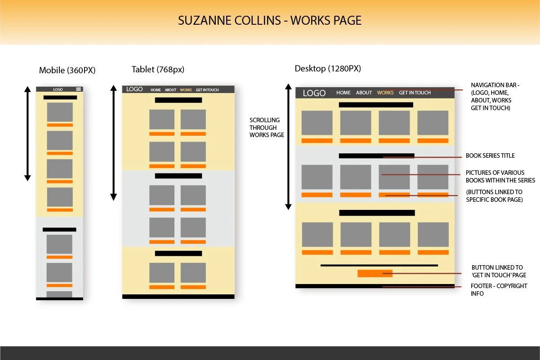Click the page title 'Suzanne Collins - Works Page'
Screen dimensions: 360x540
pyautogui.click(x=270, y=21)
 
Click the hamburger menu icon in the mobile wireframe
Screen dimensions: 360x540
pyautogui.click(x=79, y=89)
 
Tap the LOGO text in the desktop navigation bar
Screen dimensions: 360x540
pyautogui.click(x=314, y=93)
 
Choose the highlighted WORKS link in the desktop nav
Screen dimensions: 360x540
pyautogui.click(x=385, y=93)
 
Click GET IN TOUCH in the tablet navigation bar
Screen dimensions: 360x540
pyautogui.click(x=207, y=90)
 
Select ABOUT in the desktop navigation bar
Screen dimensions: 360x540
pyautogui.click(x=364, y=93)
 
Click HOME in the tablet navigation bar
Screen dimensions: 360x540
pyautogui.click(x=156, y=90)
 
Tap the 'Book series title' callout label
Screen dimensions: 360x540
pyautogui.click(x=490, y=156)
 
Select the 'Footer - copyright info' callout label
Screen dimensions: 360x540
pyautogui.click(x=499, y=289)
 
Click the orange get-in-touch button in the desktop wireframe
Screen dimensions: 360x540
pyautogui.click(x=375, y=273)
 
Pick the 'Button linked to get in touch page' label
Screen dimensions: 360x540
pyautogui.click(x=499, y=271)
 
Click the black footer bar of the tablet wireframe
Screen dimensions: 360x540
pyautogui.click(x=179, y=297)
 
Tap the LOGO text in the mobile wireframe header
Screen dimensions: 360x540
pyautogui.click(x=58, y=89)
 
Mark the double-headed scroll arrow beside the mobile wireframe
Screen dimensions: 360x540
pyautogui.click(x=27, y=133)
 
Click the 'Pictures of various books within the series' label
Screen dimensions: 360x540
pyautogui.click(x=500, y=176)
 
